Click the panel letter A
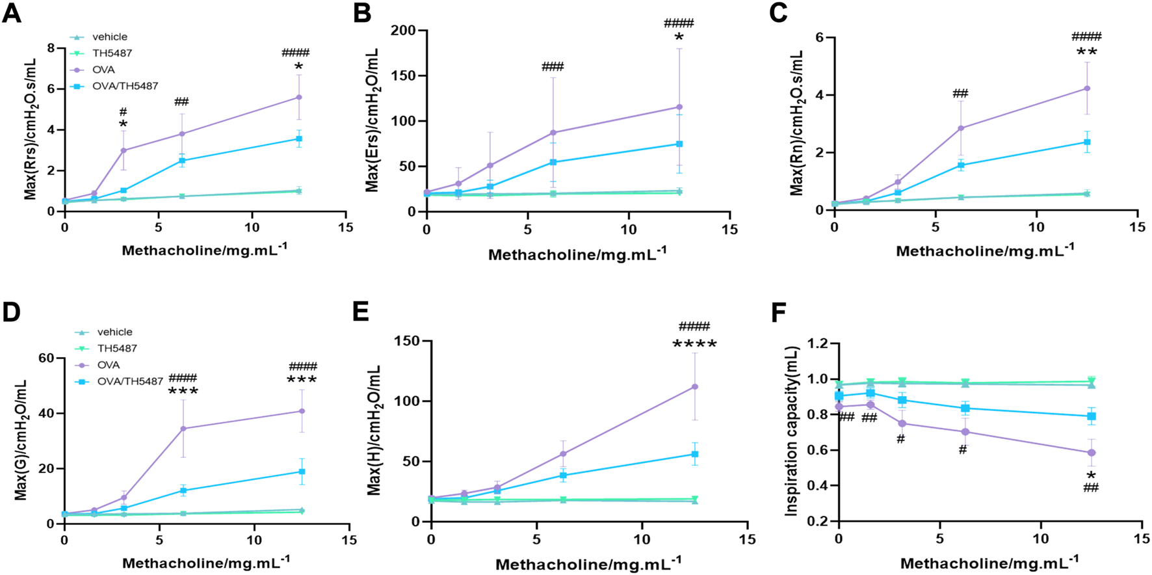(12, 13)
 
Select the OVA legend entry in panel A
(103, 70)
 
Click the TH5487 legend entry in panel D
(117, 348)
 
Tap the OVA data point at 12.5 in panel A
(299, 97)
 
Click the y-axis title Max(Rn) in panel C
(797, 124)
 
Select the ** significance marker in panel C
(1086, 53)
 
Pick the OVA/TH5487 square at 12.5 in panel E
(695, 454)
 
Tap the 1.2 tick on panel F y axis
(815, 343)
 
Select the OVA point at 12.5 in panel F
(1092, 452)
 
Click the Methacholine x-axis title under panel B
(577, 254)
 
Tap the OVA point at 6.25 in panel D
(183, 428)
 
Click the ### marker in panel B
(552, 66)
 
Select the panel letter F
(779, 313)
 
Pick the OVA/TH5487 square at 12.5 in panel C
(1087, 142)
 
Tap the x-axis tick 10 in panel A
(252, 227)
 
